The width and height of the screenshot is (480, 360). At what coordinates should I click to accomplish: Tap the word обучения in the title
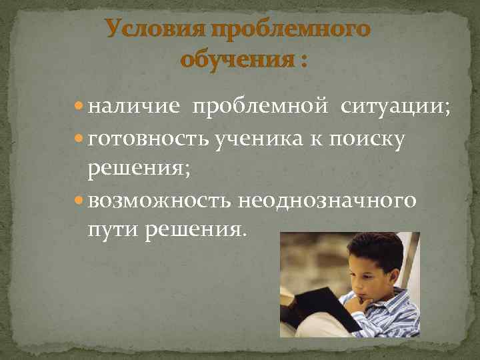[x=236, y=61]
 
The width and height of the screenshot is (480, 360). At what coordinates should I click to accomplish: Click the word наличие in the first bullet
[x=132, y=107]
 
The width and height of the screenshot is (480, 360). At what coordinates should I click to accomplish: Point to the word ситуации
[x=395, y=107]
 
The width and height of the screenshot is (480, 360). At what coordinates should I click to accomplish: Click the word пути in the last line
[x=109, y=230]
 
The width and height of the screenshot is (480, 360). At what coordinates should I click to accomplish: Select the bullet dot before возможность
[x=79, y=199]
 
